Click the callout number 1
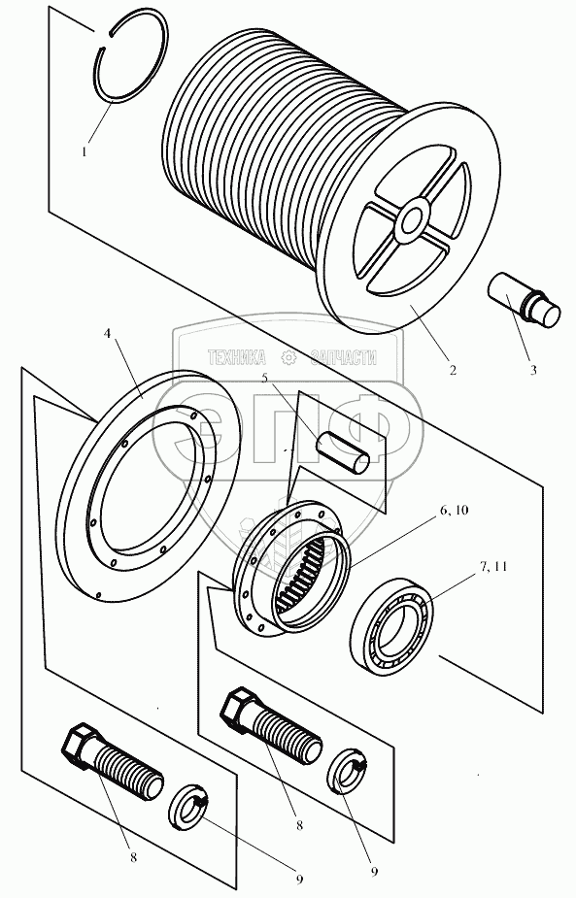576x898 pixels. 85,152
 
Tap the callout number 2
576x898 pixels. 453,370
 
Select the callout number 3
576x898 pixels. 533,370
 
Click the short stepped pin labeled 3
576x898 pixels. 524,300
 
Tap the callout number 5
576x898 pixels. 264,378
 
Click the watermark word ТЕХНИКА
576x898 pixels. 237,358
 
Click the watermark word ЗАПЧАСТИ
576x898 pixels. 343,358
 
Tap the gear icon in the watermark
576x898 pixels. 288,358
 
